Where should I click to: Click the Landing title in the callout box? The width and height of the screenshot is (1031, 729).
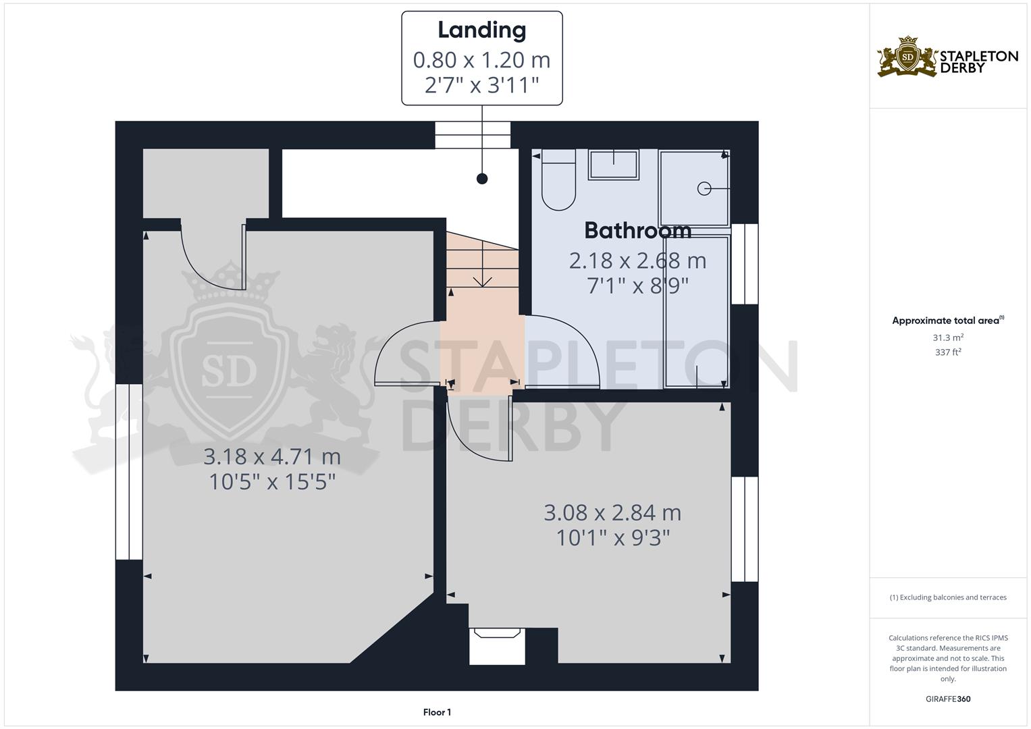coord(481,30)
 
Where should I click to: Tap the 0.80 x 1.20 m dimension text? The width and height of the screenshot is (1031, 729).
coord(481,60)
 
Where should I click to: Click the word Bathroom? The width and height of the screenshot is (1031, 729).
coord(637,230)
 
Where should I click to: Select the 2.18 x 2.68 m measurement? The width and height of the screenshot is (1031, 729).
coord(637,261)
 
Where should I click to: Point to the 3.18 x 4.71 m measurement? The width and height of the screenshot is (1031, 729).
coord(272,456)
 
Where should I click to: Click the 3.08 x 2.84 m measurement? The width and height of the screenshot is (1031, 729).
coord(612,513)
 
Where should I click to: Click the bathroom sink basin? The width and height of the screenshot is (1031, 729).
coord(614,164)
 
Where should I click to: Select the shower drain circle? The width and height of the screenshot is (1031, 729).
coord(704,188)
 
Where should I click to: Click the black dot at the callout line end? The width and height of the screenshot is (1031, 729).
coord(482,179)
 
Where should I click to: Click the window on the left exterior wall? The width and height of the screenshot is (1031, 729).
coord(129,472)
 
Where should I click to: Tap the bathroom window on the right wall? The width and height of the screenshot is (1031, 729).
coord(744,264)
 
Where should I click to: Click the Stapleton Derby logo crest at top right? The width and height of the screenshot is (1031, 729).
coord(907,57)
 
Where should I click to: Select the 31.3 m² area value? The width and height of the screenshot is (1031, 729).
coord(948,337)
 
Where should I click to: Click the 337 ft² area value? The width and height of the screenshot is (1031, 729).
coord(948,352)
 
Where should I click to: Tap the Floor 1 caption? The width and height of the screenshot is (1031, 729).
coord(438,712)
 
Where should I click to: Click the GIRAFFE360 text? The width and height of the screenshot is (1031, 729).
coord(948,699)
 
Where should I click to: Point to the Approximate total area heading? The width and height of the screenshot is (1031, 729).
coord(948,321)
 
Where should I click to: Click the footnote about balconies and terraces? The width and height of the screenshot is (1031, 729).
coord(948,597)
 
